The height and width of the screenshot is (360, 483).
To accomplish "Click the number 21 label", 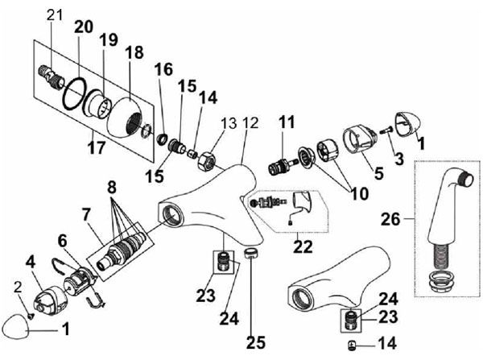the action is [x=55, y=14].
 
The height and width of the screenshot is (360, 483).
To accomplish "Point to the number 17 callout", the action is [x=97, y=147].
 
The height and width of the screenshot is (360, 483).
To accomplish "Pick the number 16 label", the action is [x=163, y=69].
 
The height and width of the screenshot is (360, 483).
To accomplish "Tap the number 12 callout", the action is [x=250, y=123].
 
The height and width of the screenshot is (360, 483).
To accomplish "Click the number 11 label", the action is [x=287, y=122].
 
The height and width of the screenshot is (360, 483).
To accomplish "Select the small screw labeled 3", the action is [x=386, y=131].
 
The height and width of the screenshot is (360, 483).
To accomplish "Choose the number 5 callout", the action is [x=378, y=173].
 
